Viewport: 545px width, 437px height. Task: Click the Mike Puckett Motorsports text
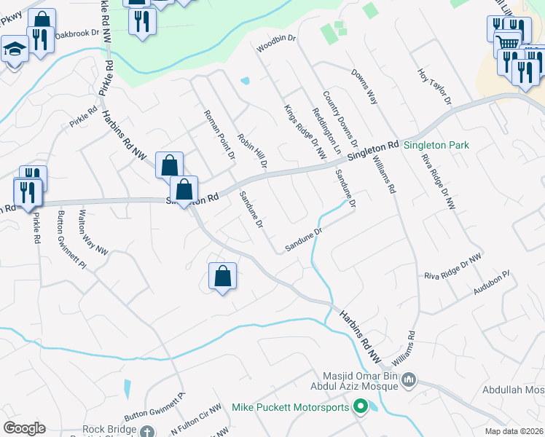pyautogui.click(x=291, y=407)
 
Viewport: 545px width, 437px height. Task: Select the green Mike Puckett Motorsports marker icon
pyautogui.click(x=359, y=407)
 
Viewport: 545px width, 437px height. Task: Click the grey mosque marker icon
pyautogui.click(x=408, y=379)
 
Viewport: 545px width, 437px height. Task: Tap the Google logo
pyautogui.click(x=24, y=428)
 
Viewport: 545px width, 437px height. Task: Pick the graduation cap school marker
pyautogui.click(x=13, y=50)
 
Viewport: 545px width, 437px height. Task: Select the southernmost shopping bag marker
pyautogui.click(x=222, y=276)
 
